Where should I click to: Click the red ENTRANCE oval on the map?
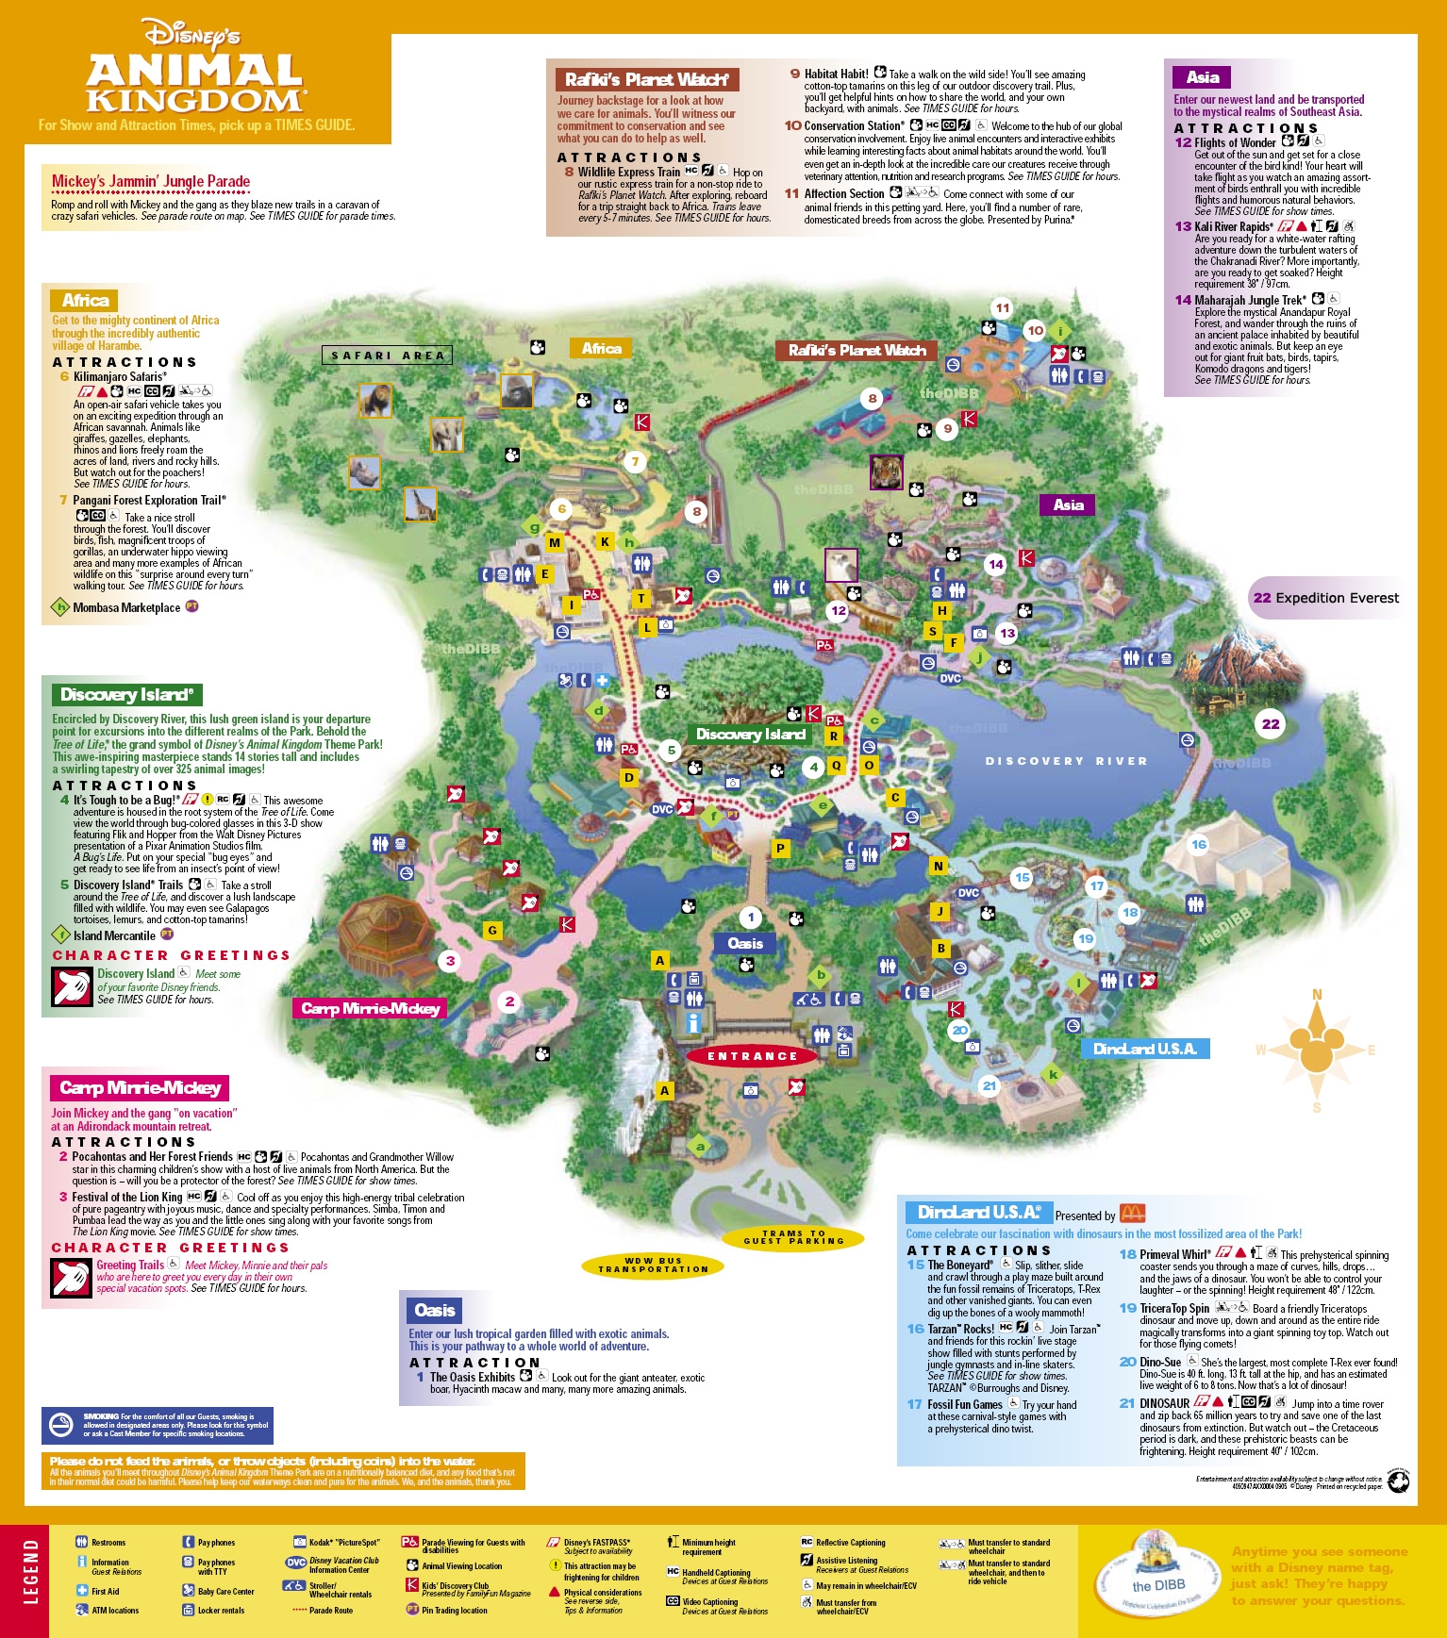[x=753, y=1056]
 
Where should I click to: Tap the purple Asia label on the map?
[x=1068, y=505]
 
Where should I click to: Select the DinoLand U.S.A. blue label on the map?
[x=1144, y=1049]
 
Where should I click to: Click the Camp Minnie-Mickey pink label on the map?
[x=370, y=1009]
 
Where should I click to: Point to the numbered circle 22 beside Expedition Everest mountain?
[x=1271, y=724]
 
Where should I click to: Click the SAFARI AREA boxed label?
[x=387, y=356]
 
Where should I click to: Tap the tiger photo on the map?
[x=886, y=472]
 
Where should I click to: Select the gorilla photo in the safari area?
[x=516, y=390]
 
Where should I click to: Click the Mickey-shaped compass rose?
[x=1317, y=1050]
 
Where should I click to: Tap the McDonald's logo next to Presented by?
[x=1132, y=1214]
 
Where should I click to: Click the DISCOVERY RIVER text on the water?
[x=1066, y=761]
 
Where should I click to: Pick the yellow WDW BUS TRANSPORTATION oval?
[x=653, y=1265]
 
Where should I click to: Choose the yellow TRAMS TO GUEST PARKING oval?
[x=793, y=1237]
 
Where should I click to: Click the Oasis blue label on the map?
[x=744, y=943]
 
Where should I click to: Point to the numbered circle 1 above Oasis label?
[x=751, y=917]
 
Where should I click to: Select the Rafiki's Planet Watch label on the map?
[x=857, y=350]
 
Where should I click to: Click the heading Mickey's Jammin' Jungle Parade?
[x=151, y=181]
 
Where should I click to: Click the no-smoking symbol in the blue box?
[x=61, y=1426]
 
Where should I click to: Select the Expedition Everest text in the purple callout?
[x=1337, y=598]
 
